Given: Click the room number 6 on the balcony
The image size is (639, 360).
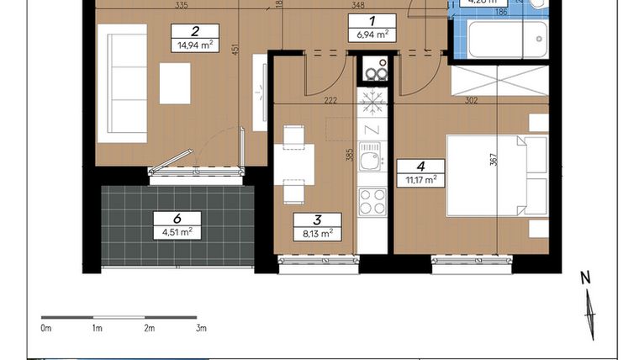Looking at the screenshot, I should pos(177,218).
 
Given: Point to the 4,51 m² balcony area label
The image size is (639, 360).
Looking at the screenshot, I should pos(177,232).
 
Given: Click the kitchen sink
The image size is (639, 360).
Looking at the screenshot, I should pos(370,157).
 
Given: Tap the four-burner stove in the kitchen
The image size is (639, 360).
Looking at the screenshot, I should pos(371,202).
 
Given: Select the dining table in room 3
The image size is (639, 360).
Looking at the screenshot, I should pos(293,163).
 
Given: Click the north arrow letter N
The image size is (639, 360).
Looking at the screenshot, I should pos(585,278).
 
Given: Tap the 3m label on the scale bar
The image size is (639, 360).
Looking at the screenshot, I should pos(200,328).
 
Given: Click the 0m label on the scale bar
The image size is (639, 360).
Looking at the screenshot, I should pos(46,328).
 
